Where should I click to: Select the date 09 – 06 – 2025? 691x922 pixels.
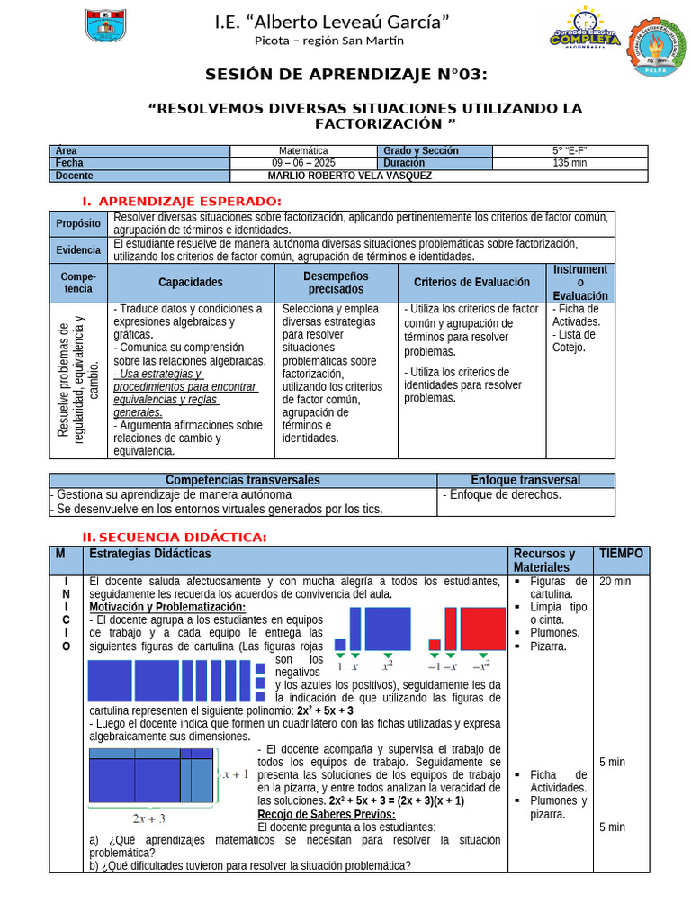303,163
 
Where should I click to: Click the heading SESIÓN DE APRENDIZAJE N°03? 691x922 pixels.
346,74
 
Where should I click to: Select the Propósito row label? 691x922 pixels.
78,223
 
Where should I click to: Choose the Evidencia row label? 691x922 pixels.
78,249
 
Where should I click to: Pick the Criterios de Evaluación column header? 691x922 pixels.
471,282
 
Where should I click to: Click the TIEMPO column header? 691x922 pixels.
621,554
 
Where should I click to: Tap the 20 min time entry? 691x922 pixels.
615,582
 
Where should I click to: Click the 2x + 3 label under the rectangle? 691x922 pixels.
149,818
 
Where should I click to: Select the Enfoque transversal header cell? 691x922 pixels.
525,480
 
